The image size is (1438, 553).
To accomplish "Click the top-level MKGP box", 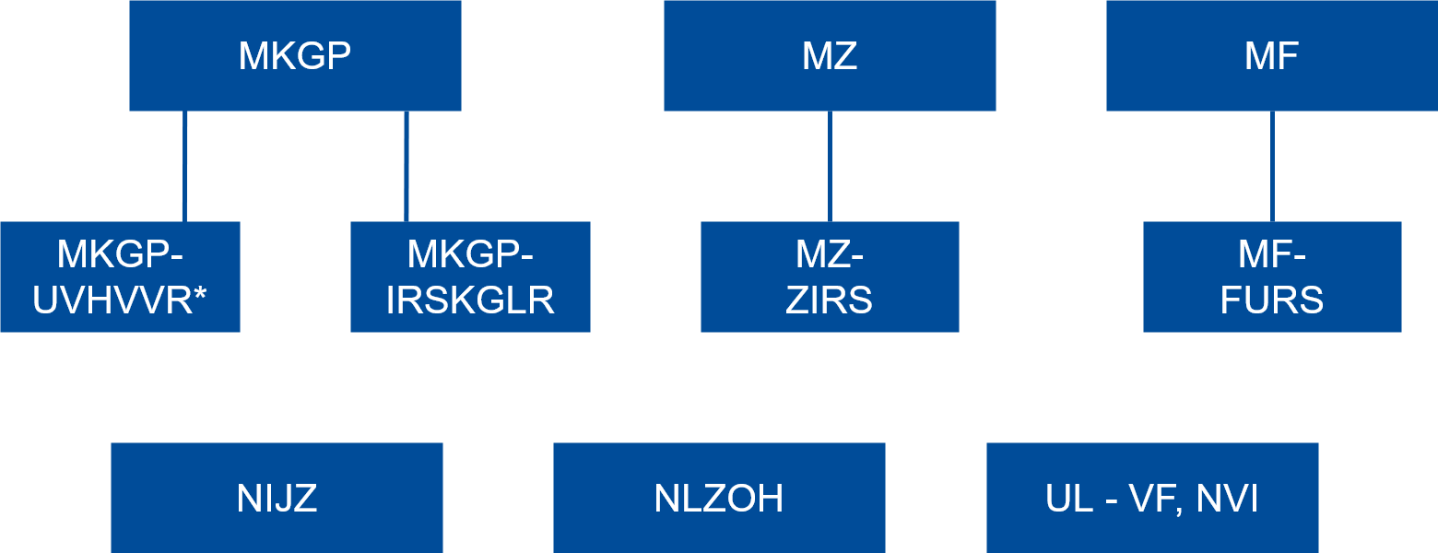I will [x=295, y=55].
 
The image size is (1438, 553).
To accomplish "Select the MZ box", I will [x=830, y=55].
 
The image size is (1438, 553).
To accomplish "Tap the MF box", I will [x=1272, y=55].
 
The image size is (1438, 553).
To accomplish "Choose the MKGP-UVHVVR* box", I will [x=120, y=276].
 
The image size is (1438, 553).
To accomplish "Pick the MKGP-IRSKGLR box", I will [x=470, y=276].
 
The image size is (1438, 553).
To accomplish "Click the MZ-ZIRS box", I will [x=830, y=276].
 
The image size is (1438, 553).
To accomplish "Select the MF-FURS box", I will [x=1272, y=276].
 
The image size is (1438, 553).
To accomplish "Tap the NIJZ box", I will [x=277, y=498].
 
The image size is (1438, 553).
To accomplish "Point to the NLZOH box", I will [x=719, y=498].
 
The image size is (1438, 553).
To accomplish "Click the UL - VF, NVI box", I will [x=1152, y=498].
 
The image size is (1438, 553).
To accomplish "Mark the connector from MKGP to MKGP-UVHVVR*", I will [x=184, y=166].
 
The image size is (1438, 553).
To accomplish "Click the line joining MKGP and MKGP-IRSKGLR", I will [x=406, y=166].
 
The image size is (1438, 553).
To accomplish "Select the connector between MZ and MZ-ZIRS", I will [x=830, y=166].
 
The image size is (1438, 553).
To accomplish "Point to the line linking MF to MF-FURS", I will [x=1272, y=166].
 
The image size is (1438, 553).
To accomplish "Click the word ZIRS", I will [x=830, y=301].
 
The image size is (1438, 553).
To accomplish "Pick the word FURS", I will [x=1272, y=301].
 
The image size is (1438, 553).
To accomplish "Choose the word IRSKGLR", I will [x=470, y=301].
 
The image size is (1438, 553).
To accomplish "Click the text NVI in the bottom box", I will [x=1227, y=499].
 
